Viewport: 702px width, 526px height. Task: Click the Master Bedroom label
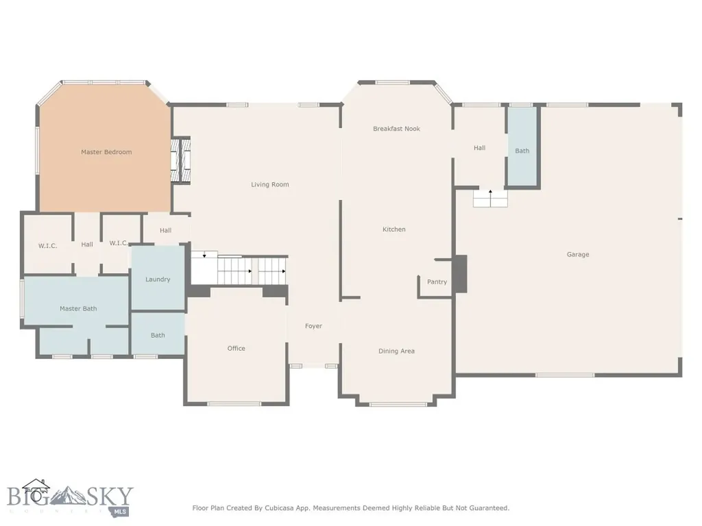coord(106,152)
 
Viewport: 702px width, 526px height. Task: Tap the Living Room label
coord(270,184)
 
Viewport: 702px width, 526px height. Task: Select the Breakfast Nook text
coord(397,129)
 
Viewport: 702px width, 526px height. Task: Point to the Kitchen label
coord(394,229)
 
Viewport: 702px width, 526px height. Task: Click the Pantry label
coord(437,281)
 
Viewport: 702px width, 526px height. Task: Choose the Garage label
coord(578,255)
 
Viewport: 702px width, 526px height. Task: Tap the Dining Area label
coord(397,351)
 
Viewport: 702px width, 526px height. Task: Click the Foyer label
coord(313,326)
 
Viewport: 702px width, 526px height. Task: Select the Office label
coord(237,349)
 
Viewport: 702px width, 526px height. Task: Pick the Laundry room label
coord(158,279)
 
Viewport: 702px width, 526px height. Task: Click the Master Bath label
coord(78,309)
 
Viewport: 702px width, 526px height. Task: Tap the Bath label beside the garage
coord(522,151)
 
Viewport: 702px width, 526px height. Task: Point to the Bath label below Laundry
coord(158,336)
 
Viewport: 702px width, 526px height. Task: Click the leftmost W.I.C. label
coord(47,246)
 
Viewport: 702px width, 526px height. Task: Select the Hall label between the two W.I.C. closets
coord(87,245)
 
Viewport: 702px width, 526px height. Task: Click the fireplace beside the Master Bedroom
coord(181,160)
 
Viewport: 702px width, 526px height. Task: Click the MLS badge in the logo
coord(119,511)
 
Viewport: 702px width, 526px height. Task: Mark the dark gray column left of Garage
coord(460,274)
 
